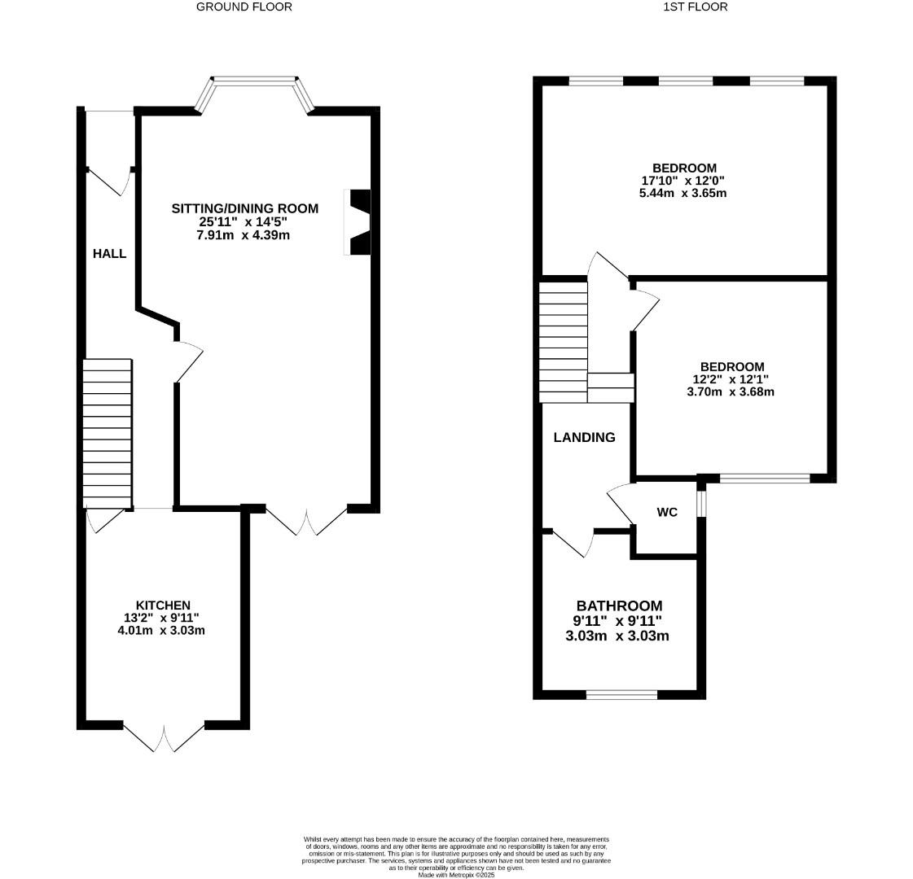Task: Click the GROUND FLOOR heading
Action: coord(244,7)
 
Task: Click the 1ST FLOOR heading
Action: coord(684,7)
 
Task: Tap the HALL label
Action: coord(109,253)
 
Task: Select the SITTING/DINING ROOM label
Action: coord(244,208)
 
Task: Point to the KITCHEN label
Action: coord(163,605)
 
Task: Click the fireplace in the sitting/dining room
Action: coord(359,222)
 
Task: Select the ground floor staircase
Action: coord(108,432)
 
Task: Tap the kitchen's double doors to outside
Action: coord(164,734)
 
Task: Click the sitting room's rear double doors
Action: coord(307,521)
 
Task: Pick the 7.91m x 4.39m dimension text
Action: coord(244,235)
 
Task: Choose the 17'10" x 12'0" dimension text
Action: coord(683,181)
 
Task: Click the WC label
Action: coord(667,512)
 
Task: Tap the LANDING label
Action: coord(584,437)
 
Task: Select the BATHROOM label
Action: coord(619,606)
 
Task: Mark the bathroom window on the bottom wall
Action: coord(621,694)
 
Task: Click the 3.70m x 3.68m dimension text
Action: coord(730,391)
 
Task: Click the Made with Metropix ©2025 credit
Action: coord(456,874)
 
